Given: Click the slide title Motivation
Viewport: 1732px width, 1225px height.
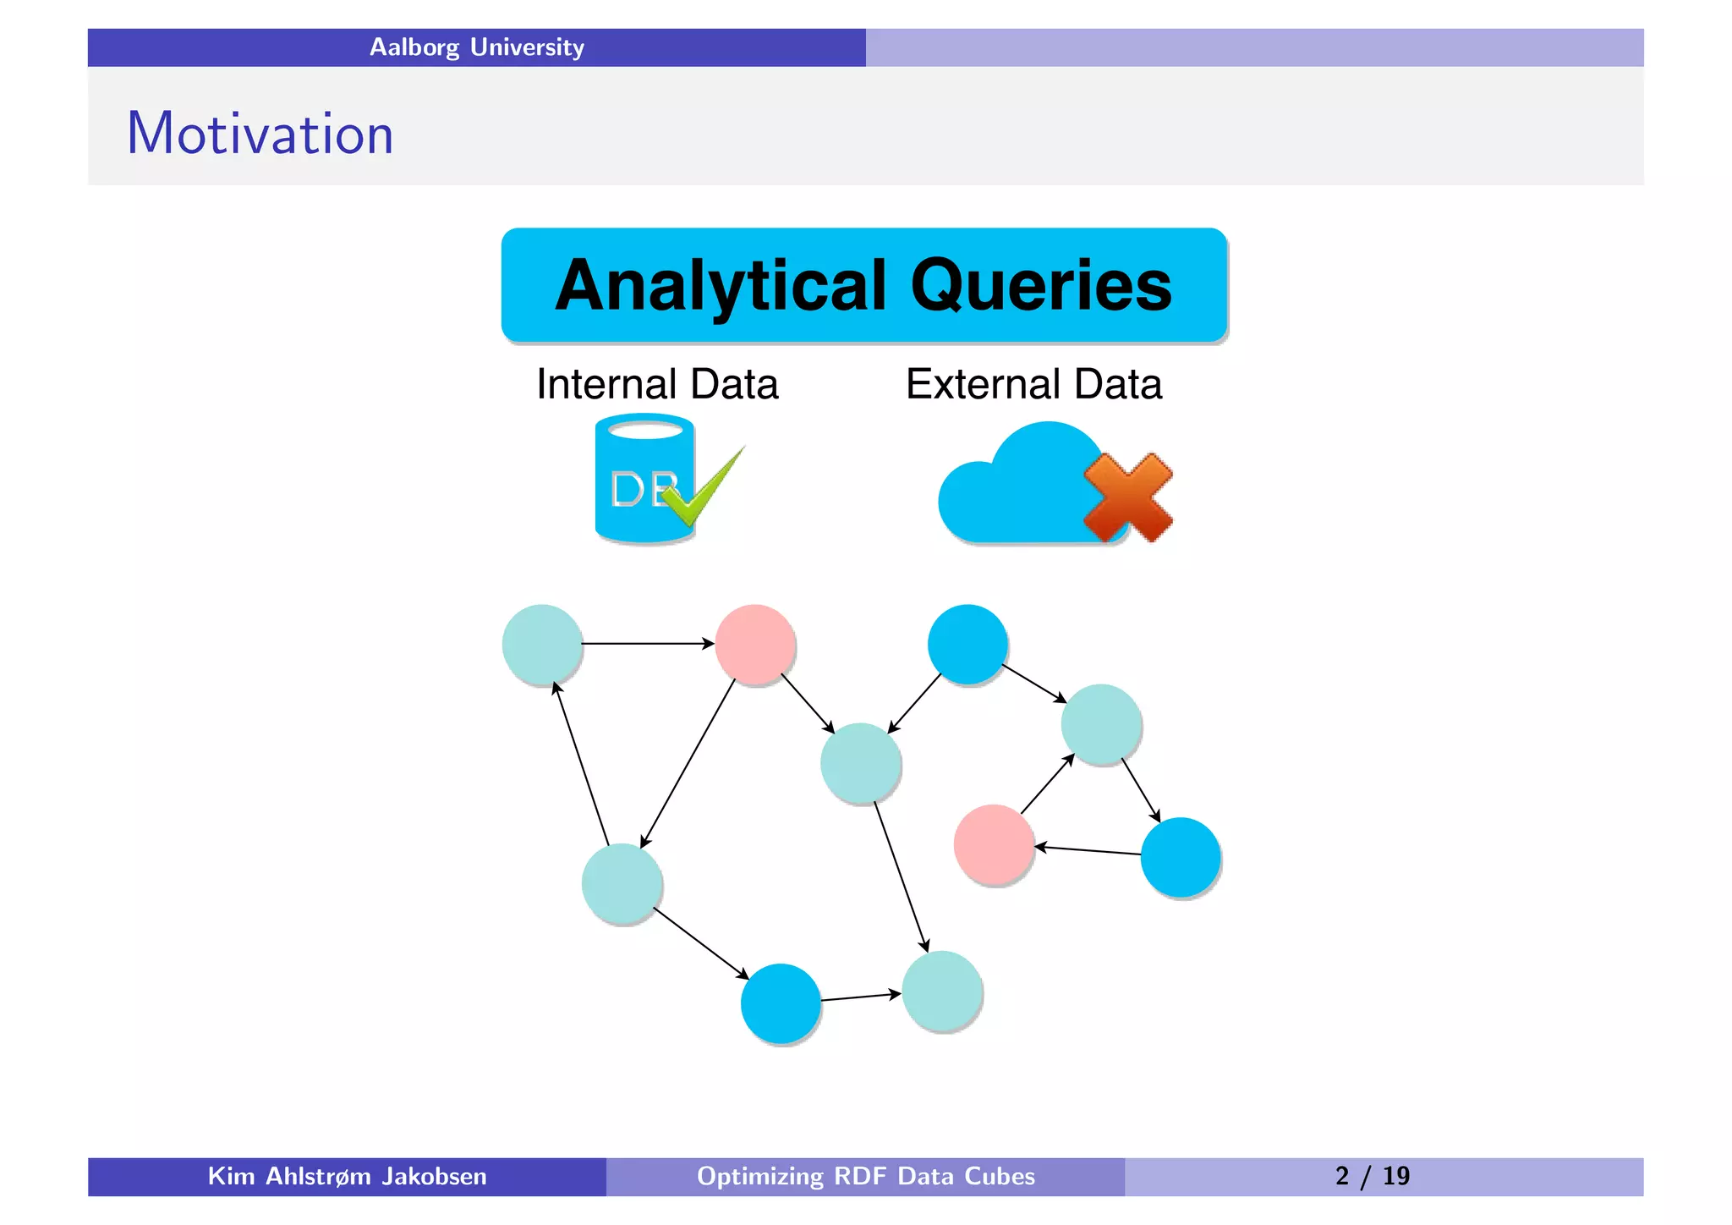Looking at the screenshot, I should [x=260, y=134].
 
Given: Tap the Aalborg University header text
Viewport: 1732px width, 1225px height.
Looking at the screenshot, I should [x=476, y=47].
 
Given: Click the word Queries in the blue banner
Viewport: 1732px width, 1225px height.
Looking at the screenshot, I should [x=1041, y=286].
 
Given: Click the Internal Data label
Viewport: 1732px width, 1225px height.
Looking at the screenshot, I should [x=657, y=384].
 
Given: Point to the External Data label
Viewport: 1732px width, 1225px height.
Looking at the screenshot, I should [x=1033, y=384].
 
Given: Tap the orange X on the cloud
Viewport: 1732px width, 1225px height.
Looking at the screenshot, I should [x=1127, y=497].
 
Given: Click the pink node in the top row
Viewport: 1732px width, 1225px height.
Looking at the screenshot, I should [x=754, y=644].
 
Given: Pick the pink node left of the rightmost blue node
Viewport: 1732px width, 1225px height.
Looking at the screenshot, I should [x=994, y=844].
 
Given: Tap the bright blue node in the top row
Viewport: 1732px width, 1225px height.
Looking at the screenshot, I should [x=967, y=644].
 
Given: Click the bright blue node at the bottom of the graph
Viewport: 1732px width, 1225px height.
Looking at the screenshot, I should [x=780, y=1003].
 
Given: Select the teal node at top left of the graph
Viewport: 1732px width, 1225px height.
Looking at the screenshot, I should [x=542, y=644].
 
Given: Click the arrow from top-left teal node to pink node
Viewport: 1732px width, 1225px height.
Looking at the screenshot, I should [x=648, y=644].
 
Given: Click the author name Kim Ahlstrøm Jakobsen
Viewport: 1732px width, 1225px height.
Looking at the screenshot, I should [x=347, y=1177].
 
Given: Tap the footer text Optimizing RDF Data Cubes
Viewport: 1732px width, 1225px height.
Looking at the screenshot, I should [x=865, y=1177].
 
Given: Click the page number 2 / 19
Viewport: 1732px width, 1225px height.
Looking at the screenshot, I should [x=1372, y=1177].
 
